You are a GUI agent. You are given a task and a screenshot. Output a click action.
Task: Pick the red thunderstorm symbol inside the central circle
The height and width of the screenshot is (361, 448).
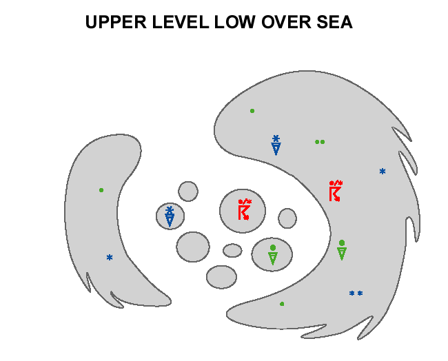(243, 209)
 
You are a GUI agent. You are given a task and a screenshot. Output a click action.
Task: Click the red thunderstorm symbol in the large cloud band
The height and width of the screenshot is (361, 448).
(335, 191)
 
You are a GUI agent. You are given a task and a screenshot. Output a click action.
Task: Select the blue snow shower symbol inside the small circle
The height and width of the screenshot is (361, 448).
(170, 216)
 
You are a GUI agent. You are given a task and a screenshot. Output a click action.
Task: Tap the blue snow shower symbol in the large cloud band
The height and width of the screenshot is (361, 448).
(276, 145)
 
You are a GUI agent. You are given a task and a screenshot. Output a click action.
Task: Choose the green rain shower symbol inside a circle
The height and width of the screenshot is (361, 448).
(272, 255)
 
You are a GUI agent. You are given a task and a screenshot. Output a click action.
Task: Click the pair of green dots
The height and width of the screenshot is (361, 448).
(320, 142)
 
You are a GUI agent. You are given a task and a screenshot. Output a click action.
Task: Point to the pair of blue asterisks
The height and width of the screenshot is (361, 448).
(356, 293)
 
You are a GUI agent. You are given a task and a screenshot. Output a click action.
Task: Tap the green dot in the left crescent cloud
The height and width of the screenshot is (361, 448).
(101, 190)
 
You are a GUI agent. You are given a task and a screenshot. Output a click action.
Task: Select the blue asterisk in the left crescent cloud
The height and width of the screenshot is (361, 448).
(110, 258)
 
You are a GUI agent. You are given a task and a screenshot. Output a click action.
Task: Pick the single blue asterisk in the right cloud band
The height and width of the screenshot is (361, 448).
(383, 172)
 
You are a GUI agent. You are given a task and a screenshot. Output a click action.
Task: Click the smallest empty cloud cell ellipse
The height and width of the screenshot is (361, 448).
(232, 250)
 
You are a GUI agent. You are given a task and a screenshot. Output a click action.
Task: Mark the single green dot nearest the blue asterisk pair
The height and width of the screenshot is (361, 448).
(282, 304)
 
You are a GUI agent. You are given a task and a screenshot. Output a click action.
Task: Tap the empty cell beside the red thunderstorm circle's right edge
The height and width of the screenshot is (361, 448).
(287, 218)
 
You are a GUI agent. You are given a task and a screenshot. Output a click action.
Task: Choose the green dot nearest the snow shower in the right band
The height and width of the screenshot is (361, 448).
(252, 111)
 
